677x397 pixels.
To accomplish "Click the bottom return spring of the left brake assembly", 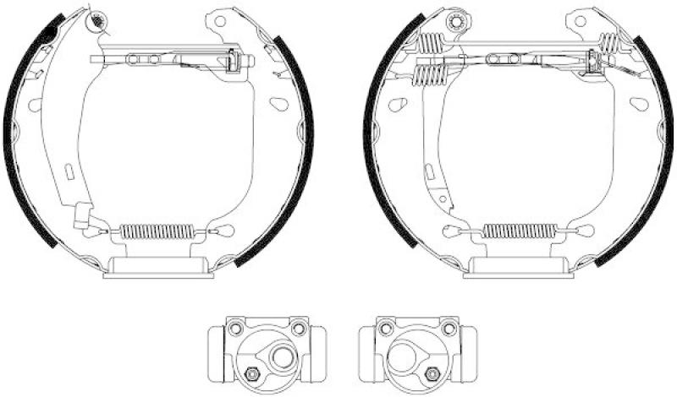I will [x=157, y=231].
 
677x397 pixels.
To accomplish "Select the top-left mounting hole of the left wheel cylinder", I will [x=234, y=329].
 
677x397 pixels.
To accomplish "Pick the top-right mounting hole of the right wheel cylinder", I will [x=443, y=329].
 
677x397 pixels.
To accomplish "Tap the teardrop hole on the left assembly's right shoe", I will [x=278, y=105].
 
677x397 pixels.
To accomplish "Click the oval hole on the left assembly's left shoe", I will [x=35, y=106].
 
